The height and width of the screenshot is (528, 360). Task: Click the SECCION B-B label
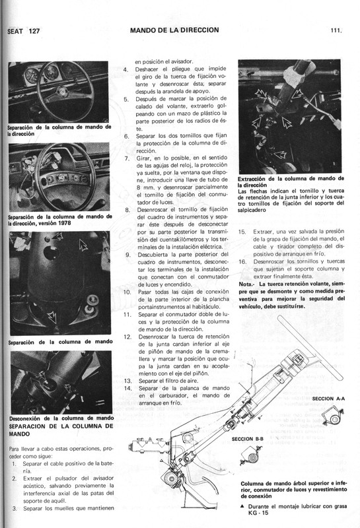click(248, 438)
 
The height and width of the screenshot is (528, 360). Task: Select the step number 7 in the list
click(126, 158)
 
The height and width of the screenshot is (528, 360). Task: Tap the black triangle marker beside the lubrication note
click(242, 504)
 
